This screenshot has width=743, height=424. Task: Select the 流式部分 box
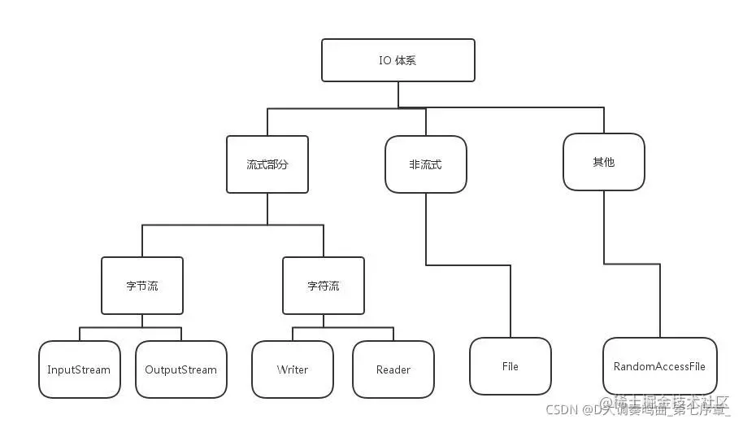pyautogui.click(x=267, y=164)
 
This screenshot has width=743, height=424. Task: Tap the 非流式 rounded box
pyautogui.click(x=425, y=164)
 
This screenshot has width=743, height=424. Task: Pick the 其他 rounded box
pyautogui.click(x=603, y=162)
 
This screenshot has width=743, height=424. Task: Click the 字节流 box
pyautogui.click(x=142, y=286)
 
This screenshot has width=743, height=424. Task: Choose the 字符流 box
pyautogui.click(x=324, y=286)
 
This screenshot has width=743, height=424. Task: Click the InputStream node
pyautogui.click(x=79, y=369)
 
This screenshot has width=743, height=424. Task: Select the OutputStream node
pyautogui.click(x=180, y=369)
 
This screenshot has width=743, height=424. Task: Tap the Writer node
pyautogui.click(x=293, y=369)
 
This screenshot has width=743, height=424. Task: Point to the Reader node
pyautogui.click(x=393, y=369)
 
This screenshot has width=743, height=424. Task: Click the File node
pyautogui.click(x=511, y=366)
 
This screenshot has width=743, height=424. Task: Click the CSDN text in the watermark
pyautogui.click(x=561, y=409)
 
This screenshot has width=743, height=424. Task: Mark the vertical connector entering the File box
pyautogui.click(x=511, y=301)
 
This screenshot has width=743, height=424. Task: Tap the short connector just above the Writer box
pyautogui.click(x=293, y=334)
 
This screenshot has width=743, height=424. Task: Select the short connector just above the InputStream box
pyautogui.click(x=79, y=334)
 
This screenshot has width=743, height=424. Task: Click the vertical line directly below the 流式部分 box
pyautogui.click(x=267, y=208)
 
